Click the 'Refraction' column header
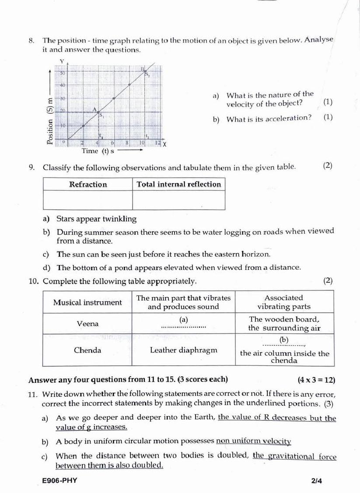[x=88, y=184]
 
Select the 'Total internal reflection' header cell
[x=179, y=184]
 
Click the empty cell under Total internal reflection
[x=179, y=201]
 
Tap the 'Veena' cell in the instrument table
[x=87, y=324]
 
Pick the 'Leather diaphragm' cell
[x=183, y=350]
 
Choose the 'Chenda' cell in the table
[x=87, y=350]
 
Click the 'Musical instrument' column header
[x=87, y=302]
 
